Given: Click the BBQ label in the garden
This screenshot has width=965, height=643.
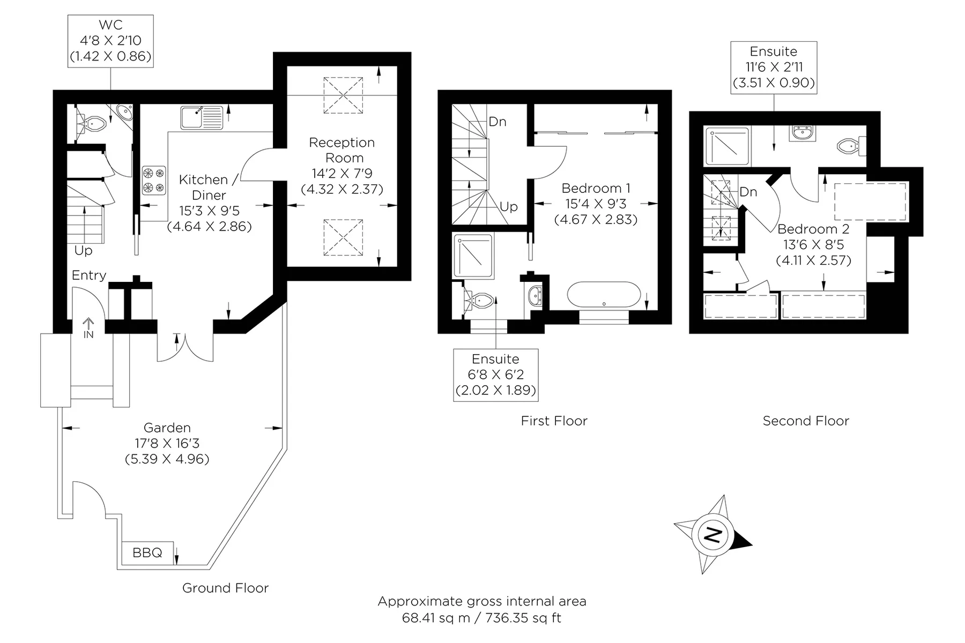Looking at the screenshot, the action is pos(147,552).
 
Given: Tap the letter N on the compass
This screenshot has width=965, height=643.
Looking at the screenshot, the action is pos(712,534).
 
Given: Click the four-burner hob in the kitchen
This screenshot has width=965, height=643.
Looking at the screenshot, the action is pos(154,181).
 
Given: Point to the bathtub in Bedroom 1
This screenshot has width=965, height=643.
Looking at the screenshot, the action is pos(604,295).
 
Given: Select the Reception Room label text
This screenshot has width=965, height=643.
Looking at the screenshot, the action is pos(342,150).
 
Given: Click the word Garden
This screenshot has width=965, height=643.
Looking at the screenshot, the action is pos(167,428).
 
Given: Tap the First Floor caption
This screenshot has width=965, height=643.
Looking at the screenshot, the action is pos(554,421).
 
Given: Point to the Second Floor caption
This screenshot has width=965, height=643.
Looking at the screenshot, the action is pos(806,421).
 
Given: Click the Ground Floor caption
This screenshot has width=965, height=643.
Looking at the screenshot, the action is pos(225,588).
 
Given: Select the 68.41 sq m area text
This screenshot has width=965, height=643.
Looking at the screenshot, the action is pos(436,618).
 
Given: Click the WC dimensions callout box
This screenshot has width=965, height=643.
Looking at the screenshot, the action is pos(110,41).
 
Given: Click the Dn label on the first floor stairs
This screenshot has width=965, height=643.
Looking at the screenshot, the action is pos(498,122).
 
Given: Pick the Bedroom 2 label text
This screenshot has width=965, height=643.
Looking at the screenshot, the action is pos(813,229).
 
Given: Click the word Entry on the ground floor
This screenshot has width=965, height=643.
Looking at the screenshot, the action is pos(89,275).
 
